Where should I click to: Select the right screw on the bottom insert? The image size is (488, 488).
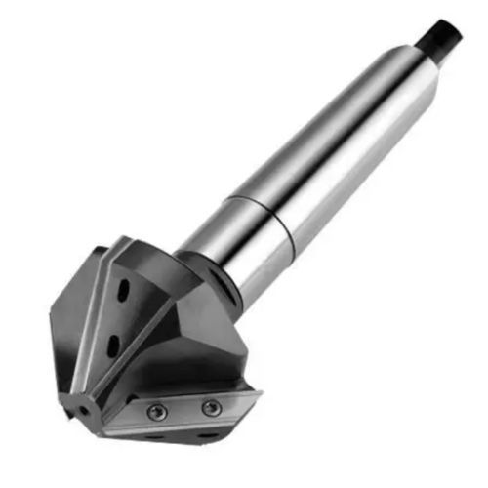pos(210,407)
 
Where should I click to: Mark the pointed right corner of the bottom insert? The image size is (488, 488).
pos(260,393)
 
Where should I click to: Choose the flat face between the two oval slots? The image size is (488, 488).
pos(117,318)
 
